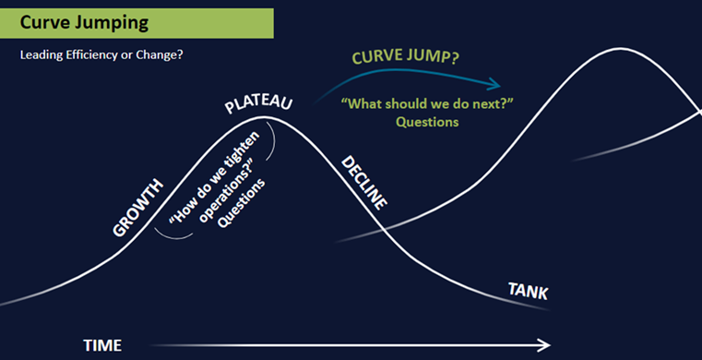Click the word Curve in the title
tap(44, 21)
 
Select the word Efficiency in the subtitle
tap(93, 54)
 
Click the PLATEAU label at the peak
tap(258, 102)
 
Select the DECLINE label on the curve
tap(364, 182)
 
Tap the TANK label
tap(529, 293)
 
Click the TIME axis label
tap(102, 345)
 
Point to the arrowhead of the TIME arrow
tap(545, 345)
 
